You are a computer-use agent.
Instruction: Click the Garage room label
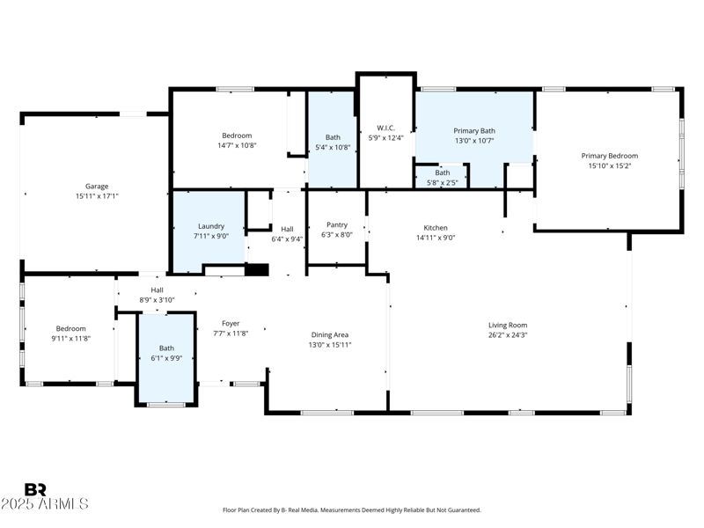coord(96,187)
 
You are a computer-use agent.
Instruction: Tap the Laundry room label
coord(210,226)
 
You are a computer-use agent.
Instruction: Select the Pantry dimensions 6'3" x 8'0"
coord(337,235)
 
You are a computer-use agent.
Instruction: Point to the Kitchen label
coord(436,227)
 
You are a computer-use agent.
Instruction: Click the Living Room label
coord(508,325)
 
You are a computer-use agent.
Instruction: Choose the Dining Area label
coord(330,334)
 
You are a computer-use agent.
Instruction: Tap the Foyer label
coord(231,324)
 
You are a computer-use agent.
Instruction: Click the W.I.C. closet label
coord(385,128)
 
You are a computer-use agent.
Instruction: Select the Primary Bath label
coord(474,130)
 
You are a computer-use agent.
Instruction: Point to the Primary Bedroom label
coord(610,156)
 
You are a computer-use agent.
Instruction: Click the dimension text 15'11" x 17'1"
coord(96,196)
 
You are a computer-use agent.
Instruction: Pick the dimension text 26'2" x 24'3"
coord(508,334)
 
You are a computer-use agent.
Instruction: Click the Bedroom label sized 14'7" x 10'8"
coord(237,136)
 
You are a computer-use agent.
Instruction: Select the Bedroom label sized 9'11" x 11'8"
coord(70,328)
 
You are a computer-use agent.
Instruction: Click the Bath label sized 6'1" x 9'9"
coord(166,348)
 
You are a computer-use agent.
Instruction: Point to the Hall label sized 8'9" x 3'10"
coord(157,290)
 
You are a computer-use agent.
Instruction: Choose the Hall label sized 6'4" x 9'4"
coord(287,229)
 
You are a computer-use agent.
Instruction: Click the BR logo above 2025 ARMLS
coord(35,490)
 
